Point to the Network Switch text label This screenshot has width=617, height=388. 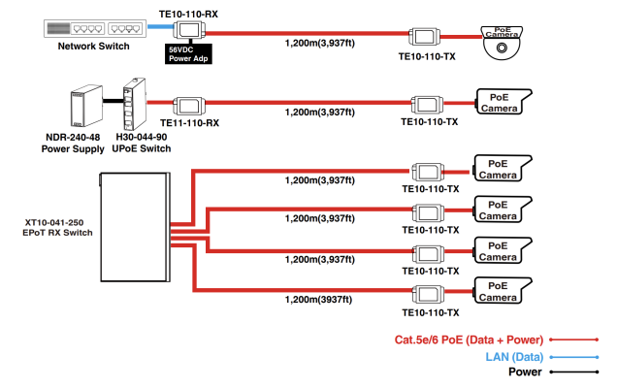pyautogui.click(x=93, y=46)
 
